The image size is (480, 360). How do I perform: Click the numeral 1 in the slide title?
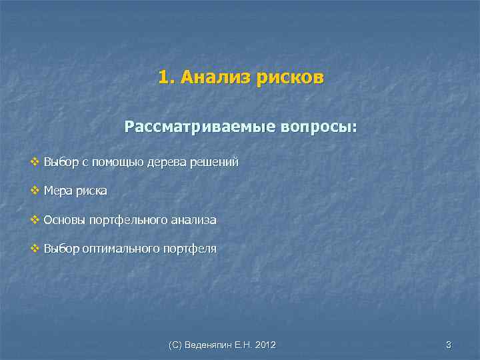pyautogui.click(x=163, y=79)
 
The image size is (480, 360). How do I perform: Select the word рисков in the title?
pyautogui.click(x=291, y=79)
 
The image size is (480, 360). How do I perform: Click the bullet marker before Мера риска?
pyautogui.click(x=35, y=191)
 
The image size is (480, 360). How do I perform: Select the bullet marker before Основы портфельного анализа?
pyautogui.click(x=35, y=220)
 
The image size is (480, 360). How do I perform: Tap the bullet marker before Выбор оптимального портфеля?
pyautogui.click(x=35, y=249)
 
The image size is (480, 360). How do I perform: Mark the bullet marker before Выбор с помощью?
pyautogui.click(x=35, y=162)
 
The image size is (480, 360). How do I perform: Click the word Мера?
pyautogui.click(x=57, y=191)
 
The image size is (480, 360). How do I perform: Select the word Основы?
pyautogui.click(x=63, y=220)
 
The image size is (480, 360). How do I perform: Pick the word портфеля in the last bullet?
pyautogui.click(x=189, y=249)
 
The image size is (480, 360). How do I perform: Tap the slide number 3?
pyautogui.click(x=449, y=345)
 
